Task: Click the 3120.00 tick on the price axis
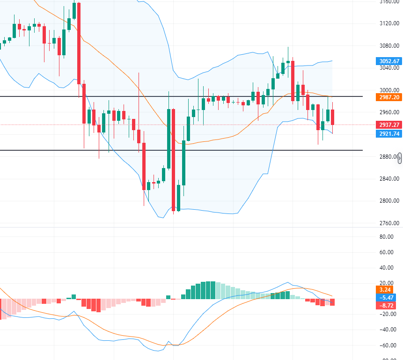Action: tap(389, 23)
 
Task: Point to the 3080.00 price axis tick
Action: tap(389, 46)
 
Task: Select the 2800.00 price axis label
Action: tap(389, 201)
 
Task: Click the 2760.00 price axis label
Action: tap(389, 223)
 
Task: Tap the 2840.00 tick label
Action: tap(389, 179)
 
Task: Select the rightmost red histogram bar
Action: tap(332, 302)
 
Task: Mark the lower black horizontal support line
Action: tap(187, 150)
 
